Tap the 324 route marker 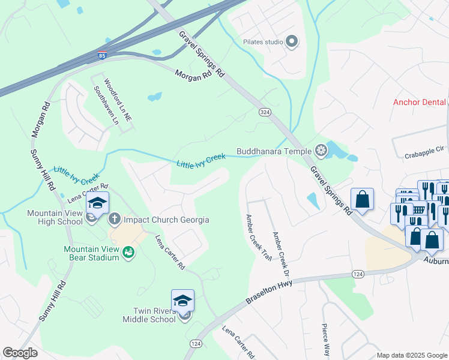pos(264,112)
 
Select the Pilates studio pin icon pos(292,41)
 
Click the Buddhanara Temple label pos(276,151)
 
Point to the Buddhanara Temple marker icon pos(322,150)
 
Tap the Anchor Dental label pos(419,102)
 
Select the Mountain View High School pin pos(98,203)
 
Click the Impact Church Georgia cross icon pos(115,220)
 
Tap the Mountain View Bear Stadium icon pos(128,253)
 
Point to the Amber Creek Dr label pos(277,246)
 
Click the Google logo pos(20,353)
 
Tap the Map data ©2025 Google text pos(412,355)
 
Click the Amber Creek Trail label pos(256,236)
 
